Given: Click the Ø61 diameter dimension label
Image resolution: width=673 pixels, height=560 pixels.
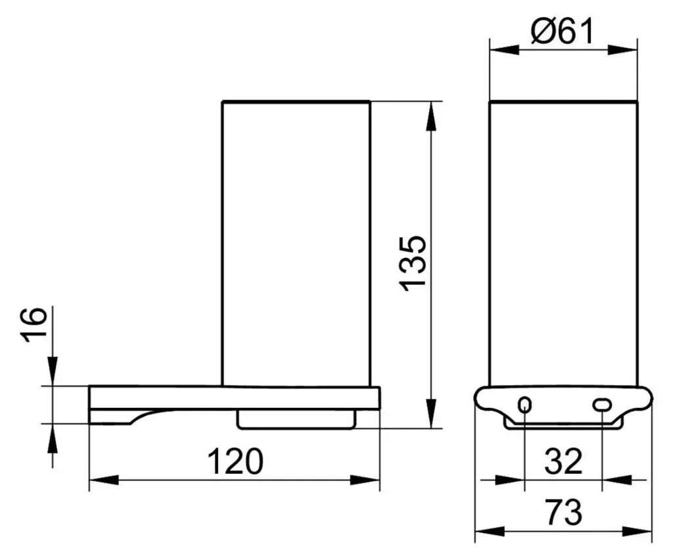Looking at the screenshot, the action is click(x=563, y=30).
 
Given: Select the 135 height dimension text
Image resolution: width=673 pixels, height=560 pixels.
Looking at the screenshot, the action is click(x=413, y=263).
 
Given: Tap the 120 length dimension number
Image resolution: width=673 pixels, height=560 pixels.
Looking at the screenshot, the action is click(x=235, y=461).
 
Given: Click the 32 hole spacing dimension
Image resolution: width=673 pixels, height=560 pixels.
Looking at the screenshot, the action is click(x=563, y=461).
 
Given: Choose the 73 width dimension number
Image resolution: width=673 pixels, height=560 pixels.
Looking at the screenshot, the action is click(x=564, y=513).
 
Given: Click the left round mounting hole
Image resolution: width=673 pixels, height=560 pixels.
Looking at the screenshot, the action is click(x=525, y=405).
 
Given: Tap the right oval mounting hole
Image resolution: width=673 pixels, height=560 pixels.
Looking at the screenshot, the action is click(x=602, y=405).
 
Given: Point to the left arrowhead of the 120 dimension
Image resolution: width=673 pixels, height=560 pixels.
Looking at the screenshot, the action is click(x=103, y=480).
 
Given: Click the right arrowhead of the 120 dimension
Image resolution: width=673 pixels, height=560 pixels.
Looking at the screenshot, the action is click(x=365, y=480).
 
